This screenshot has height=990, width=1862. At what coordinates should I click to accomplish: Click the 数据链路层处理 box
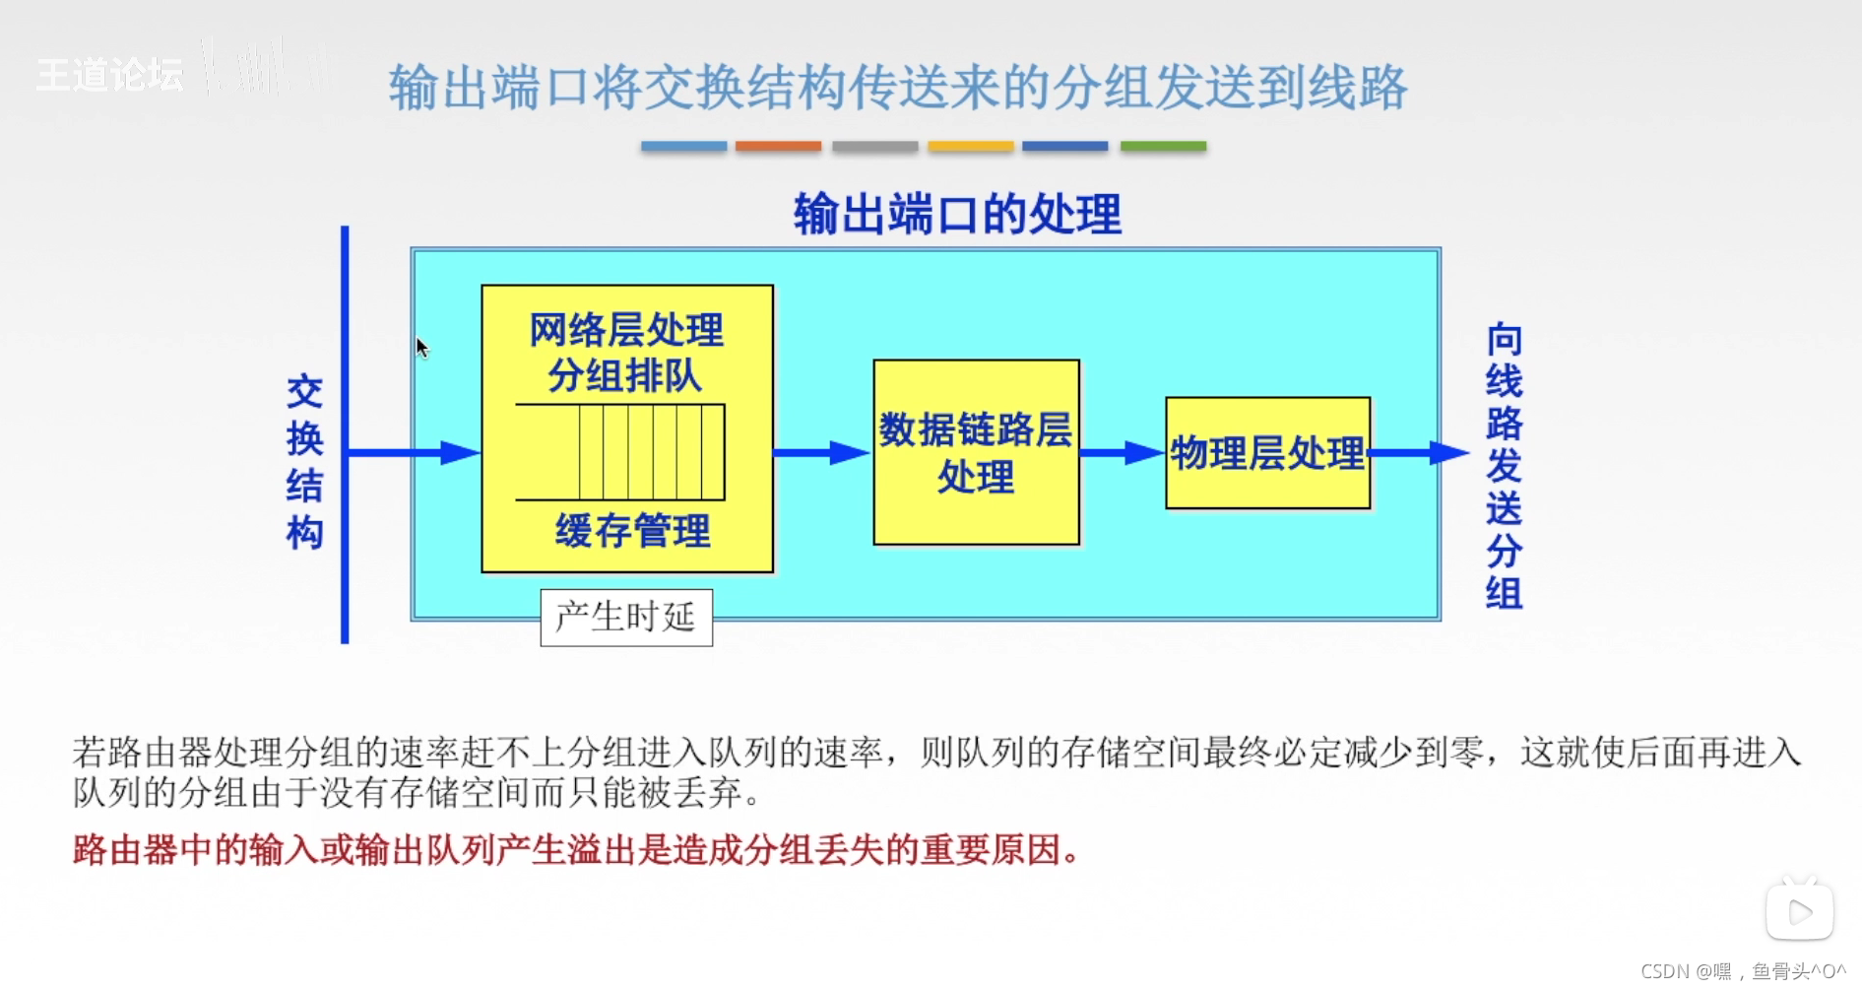976,452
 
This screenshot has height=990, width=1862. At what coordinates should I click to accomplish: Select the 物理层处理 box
1267,453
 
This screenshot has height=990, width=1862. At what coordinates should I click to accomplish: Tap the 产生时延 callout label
626,618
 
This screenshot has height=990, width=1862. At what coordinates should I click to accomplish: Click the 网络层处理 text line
626,330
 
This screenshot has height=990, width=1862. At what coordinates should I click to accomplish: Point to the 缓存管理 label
632,531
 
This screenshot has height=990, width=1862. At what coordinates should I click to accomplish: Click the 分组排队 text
625,375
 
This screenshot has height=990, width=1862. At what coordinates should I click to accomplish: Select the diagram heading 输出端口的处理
957,214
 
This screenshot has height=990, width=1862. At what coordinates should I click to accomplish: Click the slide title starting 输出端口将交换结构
898,87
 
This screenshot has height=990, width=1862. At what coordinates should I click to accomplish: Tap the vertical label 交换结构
304,462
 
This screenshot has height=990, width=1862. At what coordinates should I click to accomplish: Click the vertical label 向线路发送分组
1504,466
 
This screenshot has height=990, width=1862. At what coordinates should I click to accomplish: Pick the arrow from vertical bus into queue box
414,452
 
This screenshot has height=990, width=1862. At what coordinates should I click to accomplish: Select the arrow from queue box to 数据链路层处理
822,452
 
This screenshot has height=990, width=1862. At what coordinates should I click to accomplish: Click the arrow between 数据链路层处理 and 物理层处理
1122,452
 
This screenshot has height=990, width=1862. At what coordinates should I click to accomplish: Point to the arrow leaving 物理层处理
1418,452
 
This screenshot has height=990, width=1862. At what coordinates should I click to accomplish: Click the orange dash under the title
778,146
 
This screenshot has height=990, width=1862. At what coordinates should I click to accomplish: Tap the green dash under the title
1163,146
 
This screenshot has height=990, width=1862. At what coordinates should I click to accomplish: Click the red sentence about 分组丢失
577,849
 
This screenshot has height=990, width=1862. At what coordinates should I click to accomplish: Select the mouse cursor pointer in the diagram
422,348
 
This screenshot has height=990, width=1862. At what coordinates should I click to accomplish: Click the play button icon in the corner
1799,912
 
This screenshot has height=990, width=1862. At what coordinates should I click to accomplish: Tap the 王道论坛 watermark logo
109,75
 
